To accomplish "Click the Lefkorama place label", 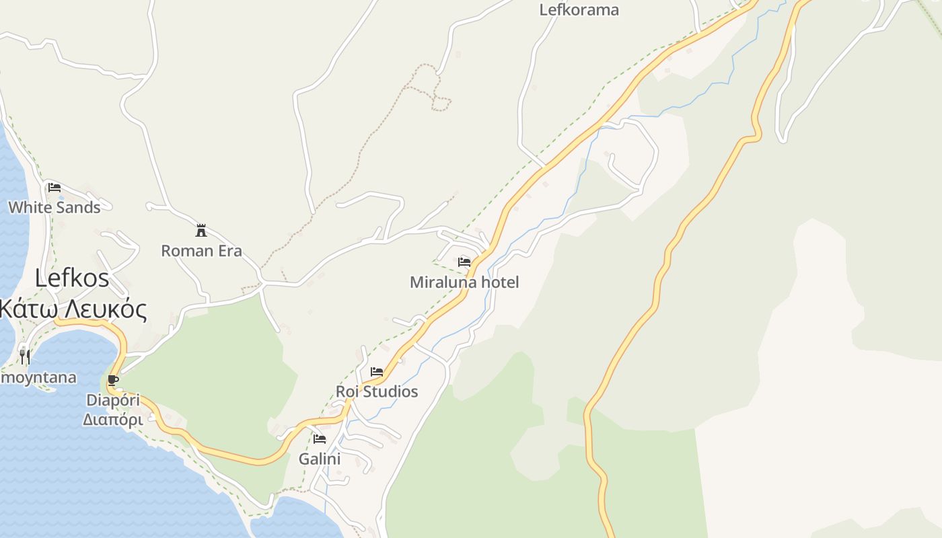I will (x=579, y=10).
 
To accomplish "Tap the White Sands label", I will (x=55, y=207).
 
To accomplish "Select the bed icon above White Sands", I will (x=55, y=187).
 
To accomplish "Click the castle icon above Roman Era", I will (x=201, y=231).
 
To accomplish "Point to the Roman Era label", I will (x=201, y=251).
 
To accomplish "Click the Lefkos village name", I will (x=72, y=278).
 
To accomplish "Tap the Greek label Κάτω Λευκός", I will (x=73, y=309).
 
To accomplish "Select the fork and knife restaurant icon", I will (x=25, y=356).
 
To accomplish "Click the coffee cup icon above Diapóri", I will (x=113, y=381).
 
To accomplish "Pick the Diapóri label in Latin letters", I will (x=113, y=400).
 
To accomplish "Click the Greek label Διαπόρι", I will (x=112, y=420).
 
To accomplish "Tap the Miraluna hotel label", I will (x=464, y=282).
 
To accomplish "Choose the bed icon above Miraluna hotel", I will (x=464, y=262).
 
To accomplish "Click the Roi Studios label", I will (x=377, y=391).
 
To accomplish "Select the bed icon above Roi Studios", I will (x=377, y=371).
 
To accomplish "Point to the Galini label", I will (x=320, y=459).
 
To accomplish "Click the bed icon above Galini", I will (x=320, y=439).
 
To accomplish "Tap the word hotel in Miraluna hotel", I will (x=499, y=282).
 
